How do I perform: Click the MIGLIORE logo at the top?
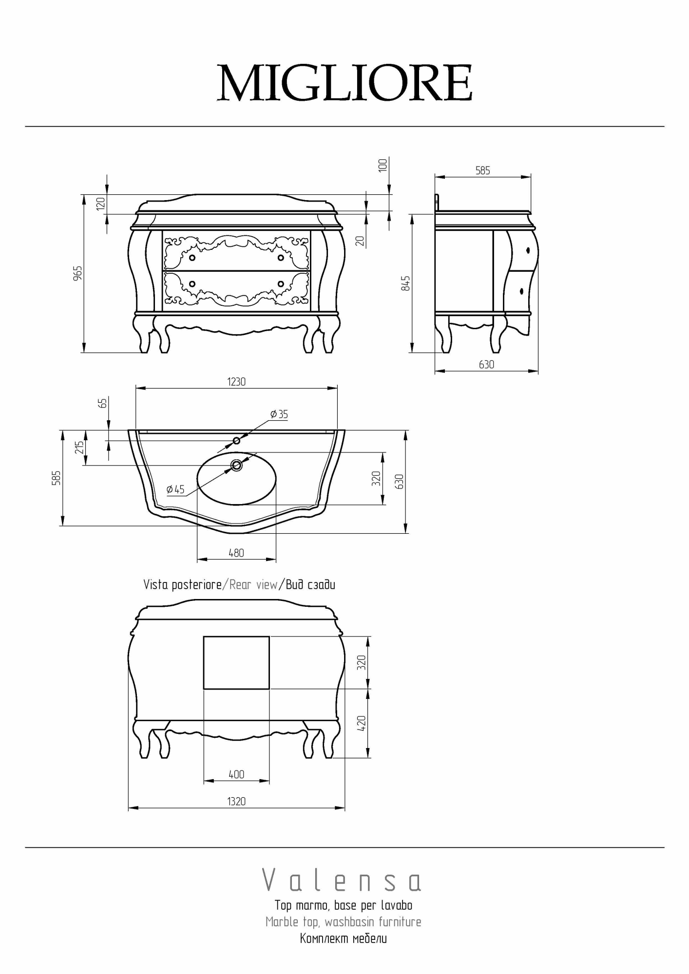344,83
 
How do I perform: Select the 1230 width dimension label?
236,382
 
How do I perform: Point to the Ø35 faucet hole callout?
279,414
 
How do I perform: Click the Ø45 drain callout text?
175,489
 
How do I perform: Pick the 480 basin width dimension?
236,553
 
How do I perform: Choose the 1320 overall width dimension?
236,801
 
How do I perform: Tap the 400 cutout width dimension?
236,774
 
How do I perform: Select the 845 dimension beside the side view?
405,283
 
